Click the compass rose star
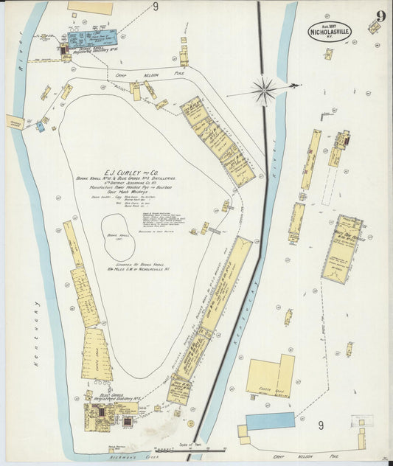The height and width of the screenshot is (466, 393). (264, 91)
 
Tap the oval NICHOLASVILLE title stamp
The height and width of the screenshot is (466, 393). (330, 31)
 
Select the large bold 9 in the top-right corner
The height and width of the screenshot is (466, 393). (379, 17)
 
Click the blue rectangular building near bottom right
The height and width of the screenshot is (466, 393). (270, 421)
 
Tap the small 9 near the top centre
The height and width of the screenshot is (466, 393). (156, 7)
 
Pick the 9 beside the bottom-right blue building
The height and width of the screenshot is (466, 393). (320, 425)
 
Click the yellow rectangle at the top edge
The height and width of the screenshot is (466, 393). (90, 7)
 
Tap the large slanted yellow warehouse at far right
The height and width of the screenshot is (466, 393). (341, 248)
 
